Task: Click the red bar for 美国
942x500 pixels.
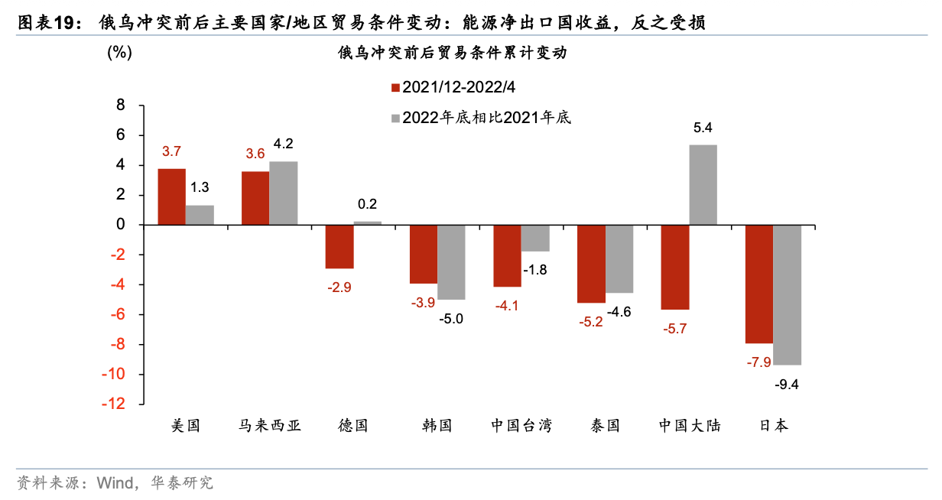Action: (x=171, y=196)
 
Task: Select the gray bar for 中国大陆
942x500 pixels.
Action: (x=703, y=185)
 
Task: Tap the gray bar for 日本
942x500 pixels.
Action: (x=787, y=294)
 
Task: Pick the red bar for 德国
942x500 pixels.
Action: (x=339, y=247)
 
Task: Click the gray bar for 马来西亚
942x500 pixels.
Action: (x=283, y=193)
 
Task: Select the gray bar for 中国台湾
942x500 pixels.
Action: (x=534, y=238)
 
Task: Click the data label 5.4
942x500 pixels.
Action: (x=703, y=128)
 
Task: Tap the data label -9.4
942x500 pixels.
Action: (x=786, y=385)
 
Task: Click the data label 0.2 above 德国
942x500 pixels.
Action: (x=367, y=204)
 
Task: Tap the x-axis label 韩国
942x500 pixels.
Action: (x=437, y=426)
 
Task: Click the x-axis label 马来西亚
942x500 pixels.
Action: (x=269, y=426)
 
